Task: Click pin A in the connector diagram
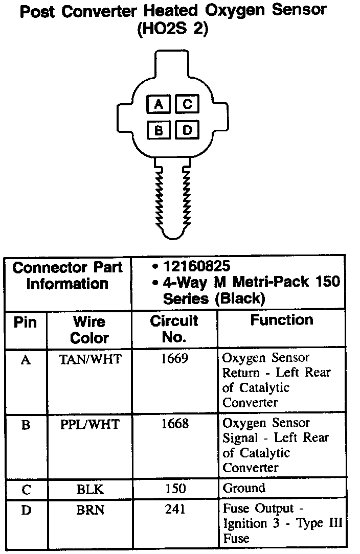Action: [x=159, y=105]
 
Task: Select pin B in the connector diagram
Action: [x=159, y=130]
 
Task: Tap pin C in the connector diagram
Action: [x=187, y=105]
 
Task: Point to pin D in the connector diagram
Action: [x=187, y=130]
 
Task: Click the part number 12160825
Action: [x=196, y=266]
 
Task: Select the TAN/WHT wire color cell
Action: [x=91, y=359]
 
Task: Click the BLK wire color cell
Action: [x=90, y=490]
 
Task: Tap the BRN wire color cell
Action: [x=90, y=510]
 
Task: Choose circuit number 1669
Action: [x=174, y=359]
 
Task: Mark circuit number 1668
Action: [x=174, y=424]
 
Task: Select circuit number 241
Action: [x=175, y=510]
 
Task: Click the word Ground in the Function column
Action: [x=244, y=488]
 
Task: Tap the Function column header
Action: [x=281, y=320]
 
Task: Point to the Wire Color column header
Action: [x=89, y=330]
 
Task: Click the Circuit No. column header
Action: [x=174, y=329]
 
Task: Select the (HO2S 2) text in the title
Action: [x=172, y=30]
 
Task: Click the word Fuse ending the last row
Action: [x=236, y=539]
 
